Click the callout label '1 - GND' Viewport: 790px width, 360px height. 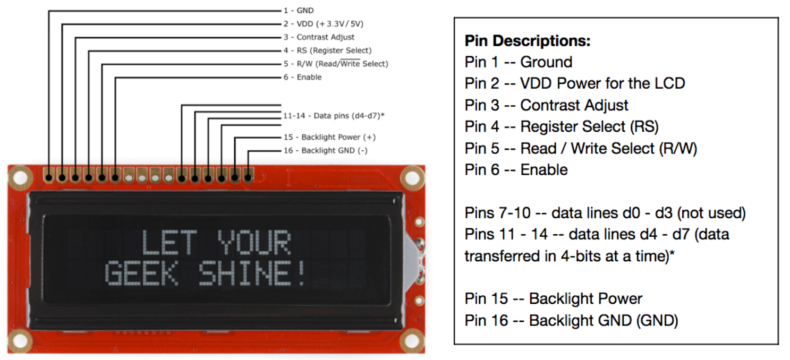point(298,11)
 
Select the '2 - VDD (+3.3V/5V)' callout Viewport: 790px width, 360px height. point(323,24)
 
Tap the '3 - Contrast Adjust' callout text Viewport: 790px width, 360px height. point(319,37)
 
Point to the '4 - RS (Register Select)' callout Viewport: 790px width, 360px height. point(327,50)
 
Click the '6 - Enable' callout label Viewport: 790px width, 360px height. point(302,77)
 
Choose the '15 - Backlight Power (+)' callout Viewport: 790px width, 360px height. point(329,137)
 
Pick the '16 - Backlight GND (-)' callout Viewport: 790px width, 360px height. point(325,150)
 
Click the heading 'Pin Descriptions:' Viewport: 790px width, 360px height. point(528,41)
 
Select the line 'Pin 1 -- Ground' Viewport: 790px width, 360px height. point(519,62)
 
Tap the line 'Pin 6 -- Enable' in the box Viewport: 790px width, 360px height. point(516,169)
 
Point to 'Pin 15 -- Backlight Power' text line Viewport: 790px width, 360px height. point(554,298)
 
